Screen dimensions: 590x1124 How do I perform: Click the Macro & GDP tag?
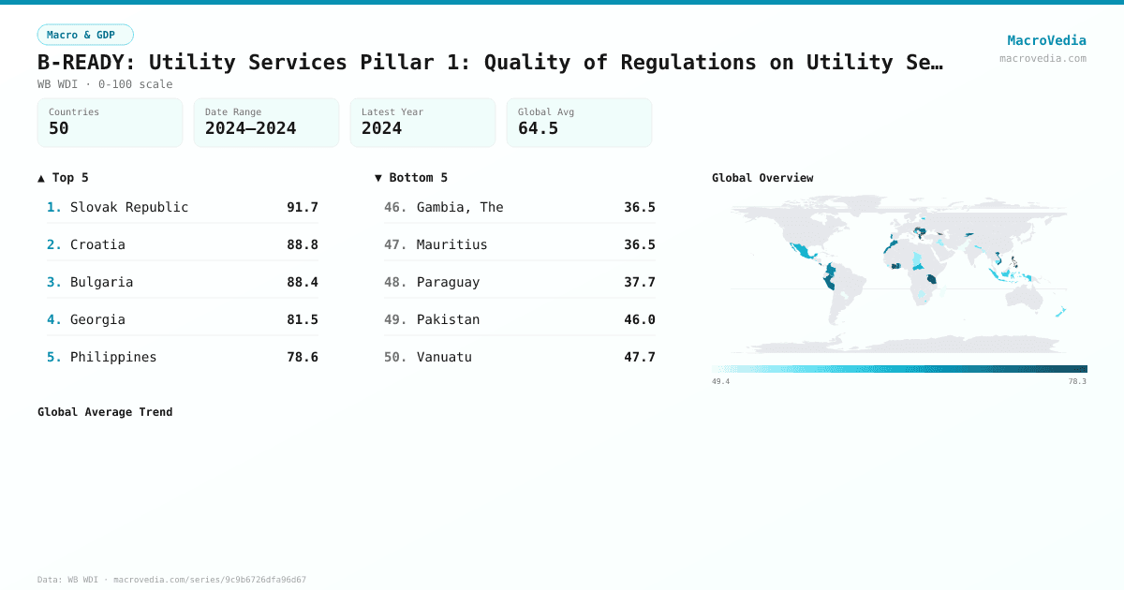85,35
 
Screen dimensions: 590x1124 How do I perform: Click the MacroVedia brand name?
1046,40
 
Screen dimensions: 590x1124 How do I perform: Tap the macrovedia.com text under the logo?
1043,58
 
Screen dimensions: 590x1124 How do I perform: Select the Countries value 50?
59,129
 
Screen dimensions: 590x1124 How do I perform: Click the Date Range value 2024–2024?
250,129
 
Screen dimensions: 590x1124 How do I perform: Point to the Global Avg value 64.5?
538,129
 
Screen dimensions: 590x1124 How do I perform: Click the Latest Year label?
392,112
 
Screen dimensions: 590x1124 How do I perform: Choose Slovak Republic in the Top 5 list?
129,207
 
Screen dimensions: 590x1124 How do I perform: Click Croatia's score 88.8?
303,244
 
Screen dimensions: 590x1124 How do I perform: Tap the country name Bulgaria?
101,282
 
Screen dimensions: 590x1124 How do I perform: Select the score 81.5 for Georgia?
303,319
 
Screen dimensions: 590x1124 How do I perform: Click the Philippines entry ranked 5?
113,357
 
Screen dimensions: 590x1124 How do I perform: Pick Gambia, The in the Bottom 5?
460,207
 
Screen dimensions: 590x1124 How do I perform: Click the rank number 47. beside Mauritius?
395,244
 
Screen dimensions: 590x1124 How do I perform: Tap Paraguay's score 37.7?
640,282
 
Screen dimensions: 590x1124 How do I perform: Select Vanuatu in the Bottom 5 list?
444,357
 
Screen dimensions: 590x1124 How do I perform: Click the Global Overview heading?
762,178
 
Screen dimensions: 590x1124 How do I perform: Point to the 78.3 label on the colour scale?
1077,381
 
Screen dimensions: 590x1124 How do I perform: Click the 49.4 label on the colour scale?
720,381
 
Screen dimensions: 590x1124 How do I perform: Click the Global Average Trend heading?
105,412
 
